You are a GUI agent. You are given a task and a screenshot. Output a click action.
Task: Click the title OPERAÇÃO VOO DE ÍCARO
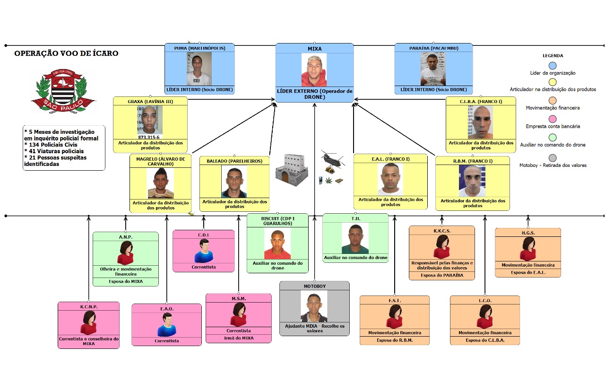pos(66,53)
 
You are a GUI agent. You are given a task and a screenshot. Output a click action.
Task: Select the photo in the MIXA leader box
pos(314,70)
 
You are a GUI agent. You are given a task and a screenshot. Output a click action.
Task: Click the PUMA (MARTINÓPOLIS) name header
pos(199,48)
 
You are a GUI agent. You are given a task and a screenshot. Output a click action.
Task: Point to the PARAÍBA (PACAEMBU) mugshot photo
pos(433,69)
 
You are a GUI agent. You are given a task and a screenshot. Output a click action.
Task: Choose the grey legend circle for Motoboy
pos(553,157)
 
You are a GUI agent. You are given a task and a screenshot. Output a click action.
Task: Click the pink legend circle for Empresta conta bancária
pos(553,118)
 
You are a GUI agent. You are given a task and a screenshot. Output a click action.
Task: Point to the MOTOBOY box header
pos(314,287)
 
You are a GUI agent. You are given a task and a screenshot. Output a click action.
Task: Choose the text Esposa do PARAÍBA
pos(441,275)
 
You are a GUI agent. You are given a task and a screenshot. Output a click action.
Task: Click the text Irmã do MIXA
pos(238,338)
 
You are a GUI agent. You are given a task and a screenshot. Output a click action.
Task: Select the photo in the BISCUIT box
pos(277,244)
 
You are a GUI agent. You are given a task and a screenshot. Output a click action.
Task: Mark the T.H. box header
pos(355,218)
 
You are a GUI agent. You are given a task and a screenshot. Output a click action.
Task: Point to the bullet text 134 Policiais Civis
pos(51,145)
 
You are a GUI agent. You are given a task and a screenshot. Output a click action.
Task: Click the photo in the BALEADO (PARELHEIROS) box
pos(234,182)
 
